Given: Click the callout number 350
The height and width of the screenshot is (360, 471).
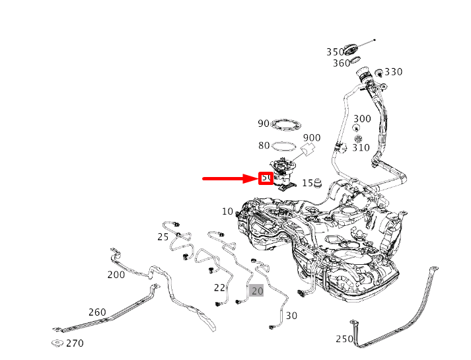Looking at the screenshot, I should pos(335,52).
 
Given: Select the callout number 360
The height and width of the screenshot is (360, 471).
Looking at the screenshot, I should pos(341,63).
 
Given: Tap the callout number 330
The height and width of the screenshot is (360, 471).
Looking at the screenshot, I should pos(394,72).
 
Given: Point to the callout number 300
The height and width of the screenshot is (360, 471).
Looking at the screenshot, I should pos(362,119).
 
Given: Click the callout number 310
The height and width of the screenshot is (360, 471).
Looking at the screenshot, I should pos(361,147).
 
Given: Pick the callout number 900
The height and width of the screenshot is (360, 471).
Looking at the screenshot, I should pos(312,138).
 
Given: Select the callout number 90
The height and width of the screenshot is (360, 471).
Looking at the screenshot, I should pos(264,124).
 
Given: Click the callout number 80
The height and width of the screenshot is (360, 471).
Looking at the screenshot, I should pos(264,146).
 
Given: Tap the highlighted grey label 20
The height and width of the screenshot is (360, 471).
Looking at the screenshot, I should pos(257,291).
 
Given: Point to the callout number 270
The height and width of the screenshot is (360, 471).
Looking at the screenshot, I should pos(75,343).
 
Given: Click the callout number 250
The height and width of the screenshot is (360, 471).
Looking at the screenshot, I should pos(344,339).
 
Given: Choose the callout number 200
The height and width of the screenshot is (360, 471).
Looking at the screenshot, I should pos(116,275).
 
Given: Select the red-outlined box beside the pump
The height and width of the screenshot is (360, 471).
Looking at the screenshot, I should pos(266,178).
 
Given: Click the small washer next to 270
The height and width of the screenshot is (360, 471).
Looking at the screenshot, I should pos(57,343).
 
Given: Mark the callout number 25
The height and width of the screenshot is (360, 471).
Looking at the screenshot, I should pos(163,236).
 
